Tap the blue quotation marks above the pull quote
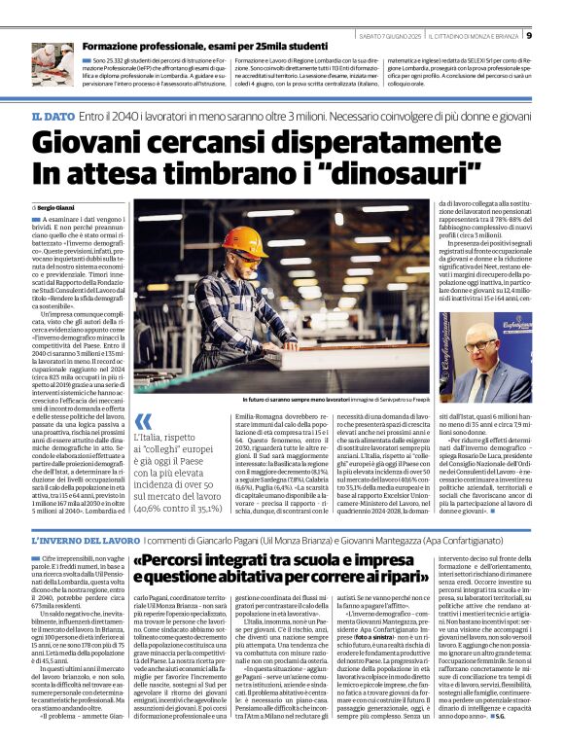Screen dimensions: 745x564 (x=144, y=422)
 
